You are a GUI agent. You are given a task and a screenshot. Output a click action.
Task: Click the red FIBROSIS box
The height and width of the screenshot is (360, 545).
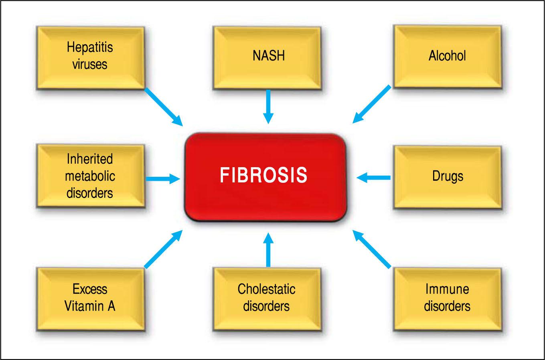265,177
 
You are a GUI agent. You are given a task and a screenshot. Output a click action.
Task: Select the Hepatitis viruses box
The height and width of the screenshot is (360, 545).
90,57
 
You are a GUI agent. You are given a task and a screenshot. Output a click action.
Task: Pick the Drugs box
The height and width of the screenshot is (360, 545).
447,176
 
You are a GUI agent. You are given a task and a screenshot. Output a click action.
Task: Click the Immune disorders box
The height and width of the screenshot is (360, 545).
447,298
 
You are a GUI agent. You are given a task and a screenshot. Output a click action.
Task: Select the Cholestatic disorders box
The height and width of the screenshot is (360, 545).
267,298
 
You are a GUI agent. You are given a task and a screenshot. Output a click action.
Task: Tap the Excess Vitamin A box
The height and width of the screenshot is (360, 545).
90,298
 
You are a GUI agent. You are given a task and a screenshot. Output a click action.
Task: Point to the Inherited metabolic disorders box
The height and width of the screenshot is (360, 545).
90,176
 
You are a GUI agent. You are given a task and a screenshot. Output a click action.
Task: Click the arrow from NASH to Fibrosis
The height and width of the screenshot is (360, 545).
268,106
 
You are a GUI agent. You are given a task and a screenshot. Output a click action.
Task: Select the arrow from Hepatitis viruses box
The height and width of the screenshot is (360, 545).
163,106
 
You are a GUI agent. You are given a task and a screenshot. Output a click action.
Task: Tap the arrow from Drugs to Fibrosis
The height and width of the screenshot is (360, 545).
373,177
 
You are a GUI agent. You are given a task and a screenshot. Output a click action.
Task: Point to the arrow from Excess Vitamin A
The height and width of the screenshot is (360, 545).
163,249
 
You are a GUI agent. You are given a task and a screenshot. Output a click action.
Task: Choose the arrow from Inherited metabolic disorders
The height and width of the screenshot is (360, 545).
163,178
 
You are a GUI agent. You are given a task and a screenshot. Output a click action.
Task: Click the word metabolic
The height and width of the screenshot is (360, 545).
90,176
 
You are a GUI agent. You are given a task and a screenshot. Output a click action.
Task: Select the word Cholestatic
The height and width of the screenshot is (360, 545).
266,289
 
